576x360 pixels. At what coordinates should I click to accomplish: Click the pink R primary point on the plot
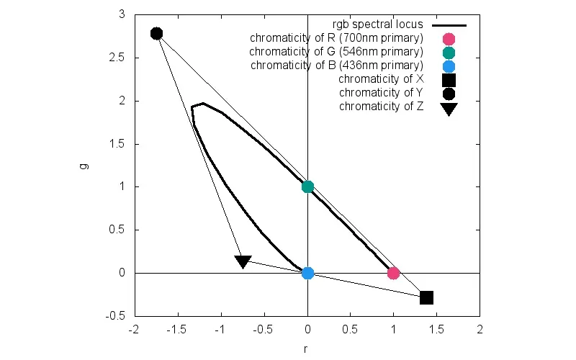coord(393,273)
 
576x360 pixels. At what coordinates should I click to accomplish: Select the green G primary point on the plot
coord(307,186)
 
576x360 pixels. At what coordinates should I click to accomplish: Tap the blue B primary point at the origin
coord(307,273)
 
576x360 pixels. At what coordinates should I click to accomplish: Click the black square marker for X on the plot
coord(426,297)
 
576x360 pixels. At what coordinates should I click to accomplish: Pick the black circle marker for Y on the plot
coord(156,33)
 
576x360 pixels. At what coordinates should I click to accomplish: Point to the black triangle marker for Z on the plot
coord(243,261)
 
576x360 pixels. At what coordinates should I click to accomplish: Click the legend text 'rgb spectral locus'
coord(377,24)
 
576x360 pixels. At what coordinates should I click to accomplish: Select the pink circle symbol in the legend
coord(449,38)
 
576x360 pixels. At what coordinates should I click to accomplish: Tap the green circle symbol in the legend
coord(449,52)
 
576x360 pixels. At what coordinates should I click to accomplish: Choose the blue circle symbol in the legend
coord(449,66)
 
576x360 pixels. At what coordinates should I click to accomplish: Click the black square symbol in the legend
coord(449,80)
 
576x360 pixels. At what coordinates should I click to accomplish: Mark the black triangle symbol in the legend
coord(449,109)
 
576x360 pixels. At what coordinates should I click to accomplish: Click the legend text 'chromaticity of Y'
coord(381,93)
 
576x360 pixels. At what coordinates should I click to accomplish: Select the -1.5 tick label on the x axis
coord(177,330)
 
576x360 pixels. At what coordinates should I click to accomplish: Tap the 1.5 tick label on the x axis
coord(436,330)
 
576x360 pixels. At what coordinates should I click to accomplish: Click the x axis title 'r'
coord(307,348)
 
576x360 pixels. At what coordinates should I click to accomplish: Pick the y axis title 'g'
coord(84,166)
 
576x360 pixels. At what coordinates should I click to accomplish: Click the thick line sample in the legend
coord(449,24)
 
